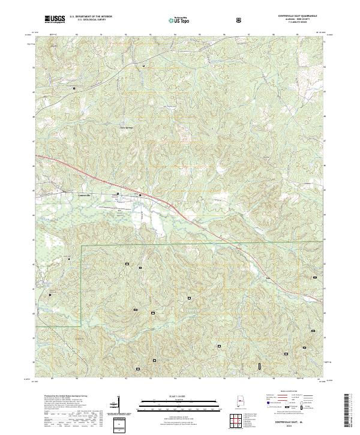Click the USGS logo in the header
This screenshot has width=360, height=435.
[55, 19]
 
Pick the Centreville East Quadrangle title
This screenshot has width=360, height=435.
[298, 16]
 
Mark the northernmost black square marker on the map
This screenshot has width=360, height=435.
[143, 64]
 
